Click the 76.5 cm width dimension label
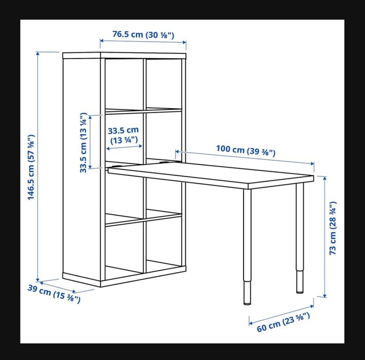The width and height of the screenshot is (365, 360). pos(143,35)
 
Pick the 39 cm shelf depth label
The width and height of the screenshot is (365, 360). pos(54,293)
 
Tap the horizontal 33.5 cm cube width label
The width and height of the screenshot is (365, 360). pos(124,135)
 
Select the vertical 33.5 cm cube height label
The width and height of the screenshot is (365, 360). pos(83,143)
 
